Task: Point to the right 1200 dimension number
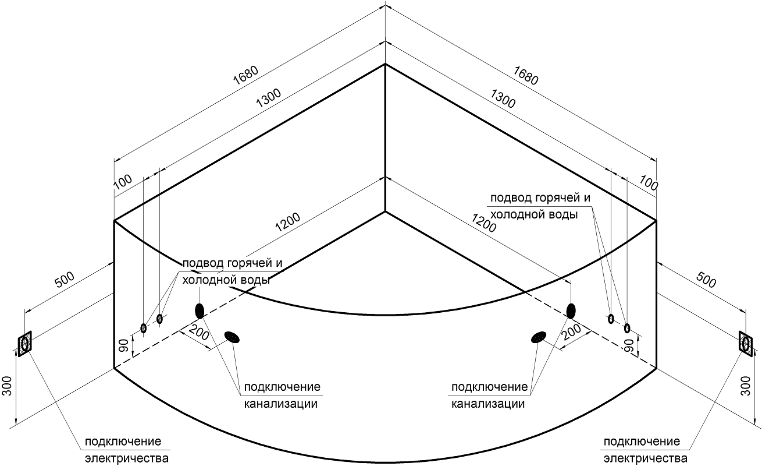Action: click(484, 223)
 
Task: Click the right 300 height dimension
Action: click(745, 386)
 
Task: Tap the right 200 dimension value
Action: click(572, 332)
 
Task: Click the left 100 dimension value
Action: click(123, 183)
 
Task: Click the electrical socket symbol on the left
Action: click(24, 344)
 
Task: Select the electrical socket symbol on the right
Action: click(745, 343)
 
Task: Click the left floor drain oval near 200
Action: click(232, 337)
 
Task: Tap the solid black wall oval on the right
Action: click(571, 310)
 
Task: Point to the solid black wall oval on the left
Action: click(200, 310)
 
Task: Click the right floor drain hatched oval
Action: click(538, 337)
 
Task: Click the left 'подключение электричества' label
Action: click(123, 449)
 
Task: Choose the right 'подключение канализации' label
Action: click(489, 395)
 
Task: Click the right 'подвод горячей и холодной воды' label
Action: click(540, 206)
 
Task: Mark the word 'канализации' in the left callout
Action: click(281, 404)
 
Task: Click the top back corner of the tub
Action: click(384, 64)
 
